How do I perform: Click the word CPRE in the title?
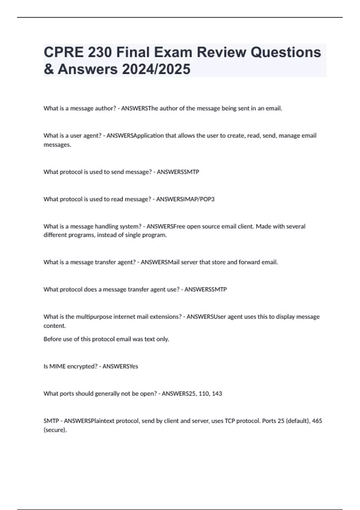click(x=63, y=52)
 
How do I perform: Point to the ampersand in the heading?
click(x=49, y=69)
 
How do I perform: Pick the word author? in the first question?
click(x=105, y=108)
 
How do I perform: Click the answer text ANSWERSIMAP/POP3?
click(x=185, y=199)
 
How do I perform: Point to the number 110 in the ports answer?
click(x=204, y=394)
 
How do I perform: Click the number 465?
click(x=317, y=421)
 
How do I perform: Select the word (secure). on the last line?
click(x=55, y=430)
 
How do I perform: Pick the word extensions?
click(x=166, y=316)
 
